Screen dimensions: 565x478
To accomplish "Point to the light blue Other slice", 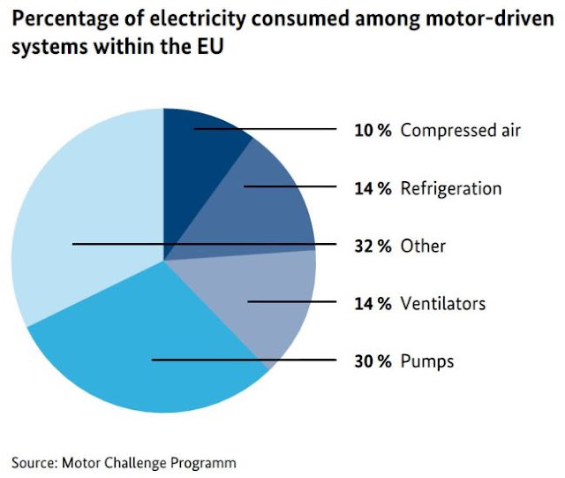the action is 83,202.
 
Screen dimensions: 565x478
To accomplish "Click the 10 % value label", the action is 373,130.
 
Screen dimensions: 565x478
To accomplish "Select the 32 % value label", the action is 373,246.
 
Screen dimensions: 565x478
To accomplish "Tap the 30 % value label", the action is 373,361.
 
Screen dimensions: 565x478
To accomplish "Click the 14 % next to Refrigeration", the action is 373,188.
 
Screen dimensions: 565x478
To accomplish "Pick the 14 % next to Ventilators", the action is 373,303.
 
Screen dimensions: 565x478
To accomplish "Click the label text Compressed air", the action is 461,131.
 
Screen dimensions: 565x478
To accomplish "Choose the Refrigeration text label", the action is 451,189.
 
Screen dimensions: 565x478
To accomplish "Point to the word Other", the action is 423,246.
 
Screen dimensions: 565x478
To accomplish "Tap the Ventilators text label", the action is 443,303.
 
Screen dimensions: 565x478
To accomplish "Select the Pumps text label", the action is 427,362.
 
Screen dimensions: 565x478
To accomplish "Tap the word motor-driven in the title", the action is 490,19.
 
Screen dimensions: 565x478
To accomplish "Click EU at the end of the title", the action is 210,47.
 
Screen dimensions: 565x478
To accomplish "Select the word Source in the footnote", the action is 34,462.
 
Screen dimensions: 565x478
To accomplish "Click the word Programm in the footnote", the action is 203,464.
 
